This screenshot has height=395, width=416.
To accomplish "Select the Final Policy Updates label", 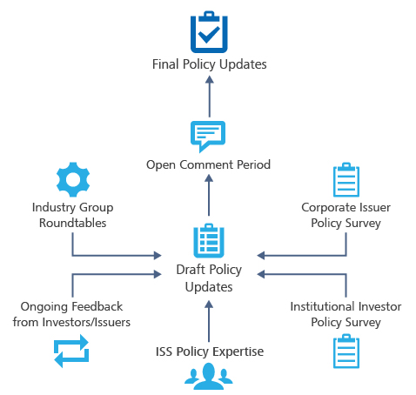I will click(x=209, y=64).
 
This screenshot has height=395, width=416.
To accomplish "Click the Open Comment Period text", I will click(x=208, y=164).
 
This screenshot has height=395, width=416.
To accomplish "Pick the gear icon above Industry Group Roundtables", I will click(x=72, y=180).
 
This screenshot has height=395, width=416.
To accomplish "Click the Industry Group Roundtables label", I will click(x=72, y=215).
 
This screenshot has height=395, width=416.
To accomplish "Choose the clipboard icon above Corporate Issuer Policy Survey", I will click(x=346, y=179).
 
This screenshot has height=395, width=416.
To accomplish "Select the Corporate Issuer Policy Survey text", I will click(x=346, y=215).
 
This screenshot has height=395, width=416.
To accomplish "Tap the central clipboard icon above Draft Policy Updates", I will click(x=208, y=241).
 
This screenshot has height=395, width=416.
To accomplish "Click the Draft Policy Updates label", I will click(x=208, y=279).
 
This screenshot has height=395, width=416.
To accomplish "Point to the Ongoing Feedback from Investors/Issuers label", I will click(x=72, y=314).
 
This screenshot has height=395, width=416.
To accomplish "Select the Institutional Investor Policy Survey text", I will click(x=346, y=314).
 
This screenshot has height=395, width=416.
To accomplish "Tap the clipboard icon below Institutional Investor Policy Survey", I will click(x=346, y=352).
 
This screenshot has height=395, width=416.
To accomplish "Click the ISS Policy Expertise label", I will click(x=208, y=351).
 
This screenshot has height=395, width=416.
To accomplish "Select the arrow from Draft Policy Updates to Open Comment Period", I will click(x=209, y=197).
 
